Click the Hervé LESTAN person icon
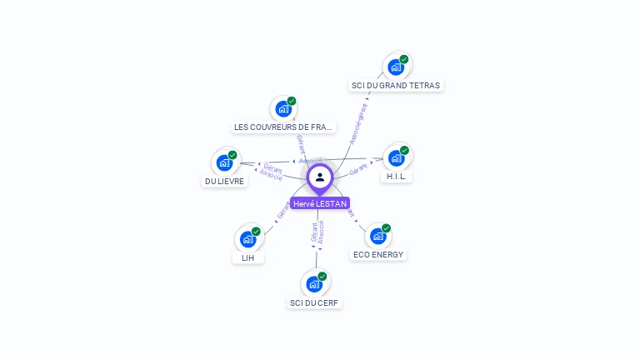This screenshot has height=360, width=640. [x=320, y=177]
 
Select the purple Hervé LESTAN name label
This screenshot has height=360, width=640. [x=320, y=203]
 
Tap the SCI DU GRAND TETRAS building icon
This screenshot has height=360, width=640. [x=396, y=67]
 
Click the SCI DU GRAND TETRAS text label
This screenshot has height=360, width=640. [x=396, y=85]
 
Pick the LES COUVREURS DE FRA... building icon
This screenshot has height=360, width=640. [x=283, y=108]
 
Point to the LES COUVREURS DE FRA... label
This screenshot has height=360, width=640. [x=283, y=127]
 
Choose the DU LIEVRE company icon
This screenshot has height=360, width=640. [x=224, y=162]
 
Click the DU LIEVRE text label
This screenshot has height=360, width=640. [x=224, y=181]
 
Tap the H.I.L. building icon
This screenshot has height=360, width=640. [x=396, y=158]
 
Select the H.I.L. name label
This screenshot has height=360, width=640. [x=396, y=177]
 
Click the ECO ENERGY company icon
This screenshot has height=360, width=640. [x=377, y=236]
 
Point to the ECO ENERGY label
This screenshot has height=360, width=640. [x=377, y=254]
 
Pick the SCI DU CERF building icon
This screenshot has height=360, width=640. [x=314, y=284]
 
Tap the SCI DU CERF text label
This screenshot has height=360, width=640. [x=314, y=302]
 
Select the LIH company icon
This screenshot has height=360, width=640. [x=247, y=239]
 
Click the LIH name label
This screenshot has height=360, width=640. [x=247, y=257]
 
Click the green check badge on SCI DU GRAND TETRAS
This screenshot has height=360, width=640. [x=404, y=59]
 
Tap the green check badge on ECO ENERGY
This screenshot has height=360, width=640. [x=386, y=228]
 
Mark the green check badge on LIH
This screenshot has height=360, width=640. [x=256, y=232]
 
